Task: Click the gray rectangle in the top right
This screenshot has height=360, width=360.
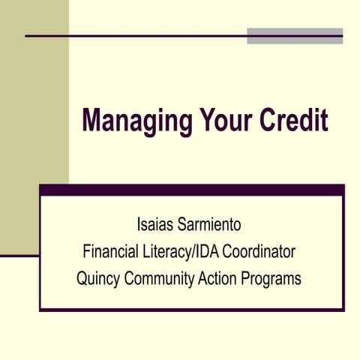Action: click(x=295, y=36)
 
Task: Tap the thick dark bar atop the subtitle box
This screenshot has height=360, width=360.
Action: click(x=191, y=190)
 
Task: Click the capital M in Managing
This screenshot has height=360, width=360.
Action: click(x=91, y=119)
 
